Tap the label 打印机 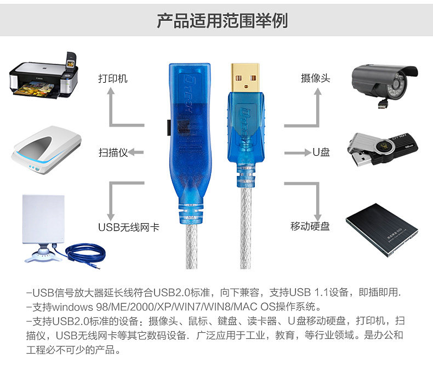click(x=113, y=78)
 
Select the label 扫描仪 click(x=113, y=152)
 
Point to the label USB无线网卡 click(x=128, y=227)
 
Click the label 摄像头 click(x=315, y=78)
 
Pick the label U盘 click(x=321, y=152)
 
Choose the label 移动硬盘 click(x=310, y=226)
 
